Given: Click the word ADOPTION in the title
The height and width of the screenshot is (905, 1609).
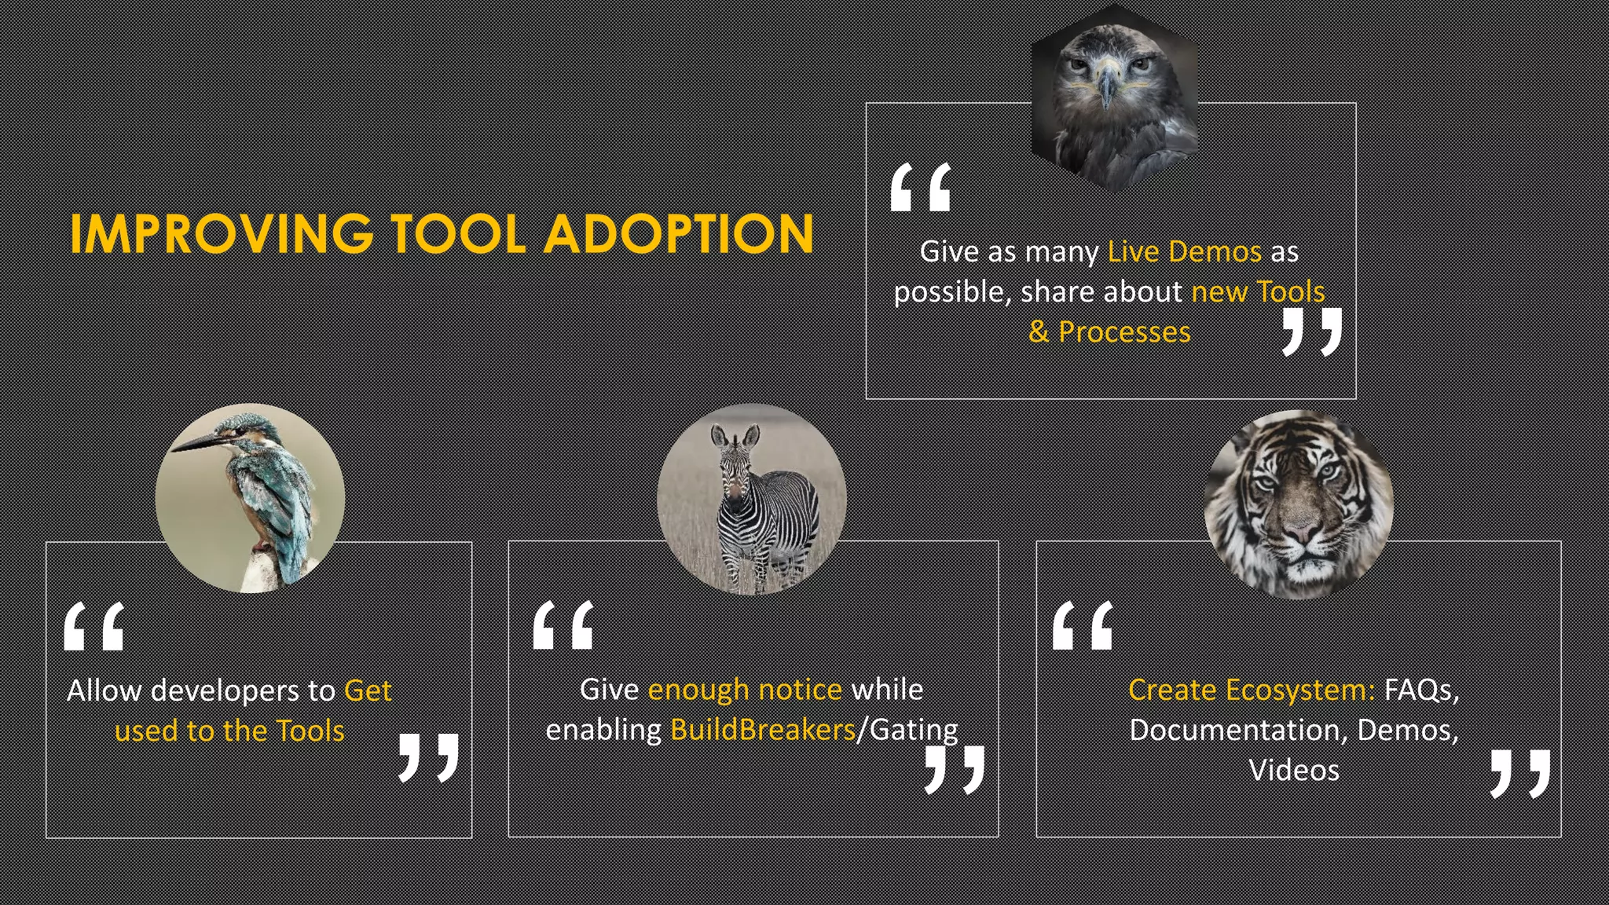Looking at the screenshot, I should pos(679,234).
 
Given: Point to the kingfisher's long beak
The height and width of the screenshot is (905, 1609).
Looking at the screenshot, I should pos(196,442).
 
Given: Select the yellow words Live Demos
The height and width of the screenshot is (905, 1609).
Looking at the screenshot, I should pos(1184,251).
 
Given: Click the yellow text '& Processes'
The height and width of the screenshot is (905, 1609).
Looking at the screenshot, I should pos(1109,332).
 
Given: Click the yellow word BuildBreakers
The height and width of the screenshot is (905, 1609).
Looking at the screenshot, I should pos(762,730).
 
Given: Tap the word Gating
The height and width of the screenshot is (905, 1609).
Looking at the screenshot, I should pos(914,730).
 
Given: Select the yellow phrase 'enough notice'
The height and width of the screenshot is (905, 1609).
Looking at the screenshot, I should pos(745,689).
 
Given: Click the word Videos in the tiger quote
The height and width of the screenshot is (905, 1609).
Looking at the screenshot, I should pos(1294,770).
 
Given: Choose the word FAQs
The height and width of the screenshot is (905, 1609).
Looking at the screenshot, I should pos(1421,690).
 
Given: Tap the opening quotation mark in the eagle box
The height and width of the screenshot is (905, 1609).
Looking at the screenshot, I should pos(921,188).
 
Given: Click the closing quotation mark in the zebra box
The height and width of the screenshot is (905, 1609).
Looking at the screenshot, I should pos(955,769).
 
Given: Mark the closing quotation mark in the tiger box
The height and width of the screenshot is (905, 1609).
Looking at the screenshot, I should pos(1520,773).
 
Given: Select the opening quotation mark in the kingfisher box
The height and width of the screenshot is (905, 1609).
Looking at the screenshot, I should pos(94,626).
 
